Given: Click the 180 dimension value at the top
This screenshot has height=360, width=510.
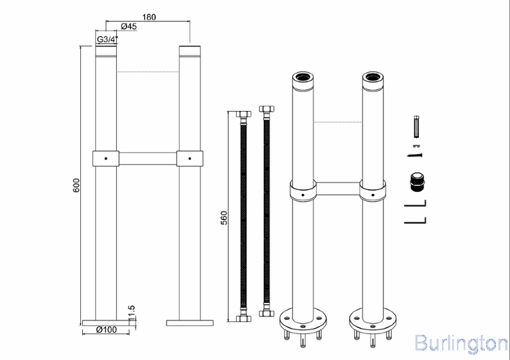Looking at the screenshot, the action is point(149,17).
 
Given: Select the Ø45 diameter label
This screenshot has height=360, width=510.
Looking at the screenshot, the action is point(129,27).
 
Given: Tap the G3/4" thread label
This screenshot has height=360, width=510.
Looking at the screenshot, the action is point(107,39).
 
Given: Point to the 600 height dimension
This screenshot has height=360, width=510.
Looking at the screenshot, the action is point(76,185).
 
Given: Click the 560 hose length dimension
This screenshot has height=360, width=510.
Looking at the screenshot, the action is point(224,218).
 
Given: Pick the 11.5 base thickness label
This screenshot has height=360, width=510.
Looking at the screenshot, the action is point(131,312).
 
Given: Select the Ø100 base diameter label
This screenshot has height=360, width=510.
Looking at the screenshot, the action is point(106,330).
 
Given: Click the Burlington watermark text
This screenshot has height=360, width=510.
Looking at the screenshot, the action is point(461,343).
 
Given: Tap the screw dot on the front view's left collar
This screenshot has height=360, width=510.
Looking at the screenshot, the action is point(105,159).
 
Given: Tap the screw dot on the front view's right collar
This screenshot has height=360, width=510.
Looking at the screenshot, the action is point(190,159).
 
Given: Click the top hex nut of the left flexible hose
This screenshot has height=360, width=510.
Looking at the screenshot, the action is point(243,114).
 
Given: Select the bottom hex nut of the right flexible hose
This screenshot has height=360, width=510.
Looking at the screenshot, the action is point(267,314).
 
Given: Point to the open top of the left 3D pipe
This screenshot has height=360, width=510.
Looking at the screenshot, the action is point(303,78).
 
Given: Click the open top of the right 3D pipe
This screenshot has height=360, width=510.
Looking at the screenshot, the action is point(373,78).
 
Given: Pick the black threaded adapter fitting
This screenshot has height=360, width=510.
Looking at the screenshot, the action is point(417,182).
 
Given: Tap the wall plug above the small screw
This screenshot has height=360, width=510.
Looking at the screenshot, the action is point(417,127).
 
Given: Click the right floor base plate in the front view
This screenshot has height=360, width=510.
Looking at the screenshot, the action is point(190,323).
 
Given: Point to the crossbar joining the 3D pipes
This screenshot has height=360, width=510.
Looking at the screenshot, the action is point(337,189).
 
